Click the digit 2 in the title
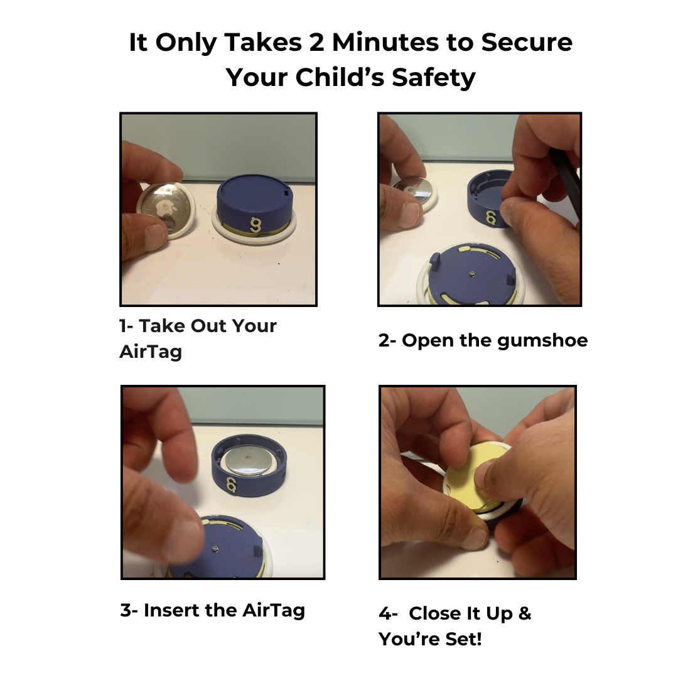coord(316,43)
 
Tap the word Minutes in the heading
coord(385,43)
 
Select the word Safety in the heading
coord(434,78)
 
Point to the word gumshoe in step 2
coord(542,341)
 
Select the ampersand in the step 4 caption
coord(524,613)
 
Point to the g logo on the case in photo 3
coord(231,485)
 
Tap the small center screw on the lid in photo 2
coord(471,273)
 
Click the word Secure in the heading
coord(527,43)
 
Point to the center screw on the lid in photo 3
coord(215,549)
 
